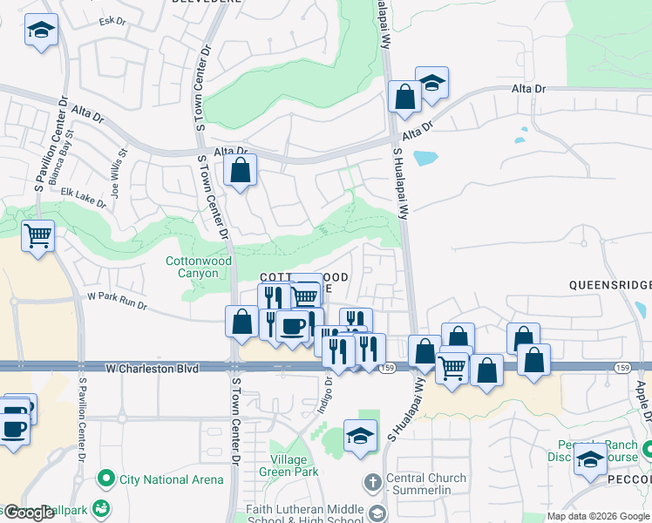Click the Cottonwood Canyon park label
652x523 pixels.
pos(200,267)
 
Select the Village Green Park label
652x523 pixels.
pos(282,465)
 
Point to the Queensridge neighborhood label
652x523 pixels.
pos(609,284)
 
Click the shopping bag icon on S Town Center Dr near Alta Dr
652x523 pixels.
pos(241,170)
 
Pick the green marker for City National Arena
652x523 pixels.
pos(106,479)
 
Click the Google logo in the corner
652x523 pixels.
pos(28,513)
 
